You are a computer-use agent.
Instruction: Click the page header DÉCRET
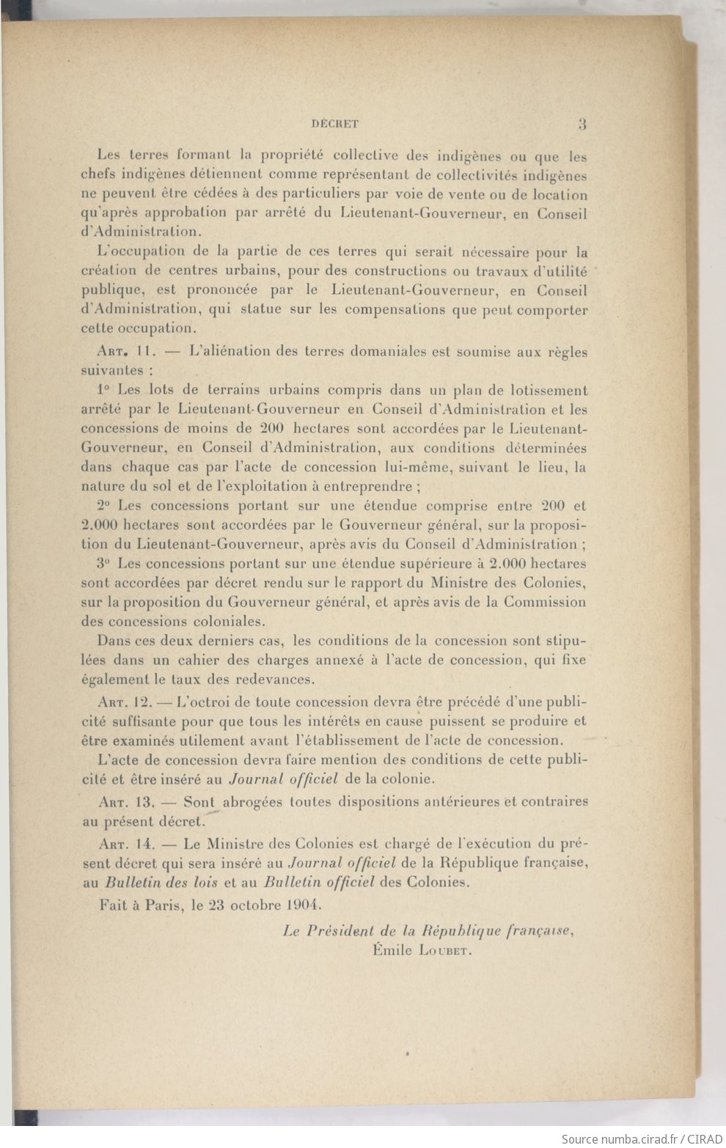click(334, 124)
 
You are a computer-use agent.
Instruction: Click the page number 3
click(582, 124)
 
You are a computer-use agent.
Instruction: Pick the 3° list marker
click(103, 564)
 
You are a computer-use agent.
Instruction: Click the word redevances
click(276, 680)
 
